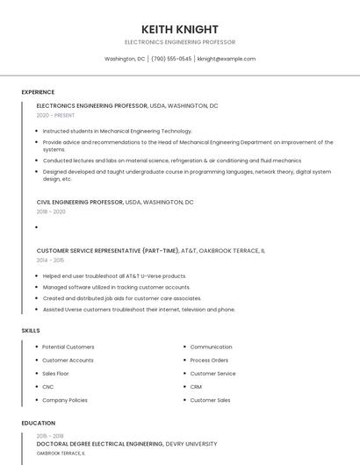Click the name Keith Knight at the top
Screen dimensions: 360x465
pos(180,29)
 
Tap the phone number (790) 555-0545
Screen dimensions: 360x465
pos(171,59)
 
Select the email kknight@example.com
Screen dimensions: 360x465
pos(227,59)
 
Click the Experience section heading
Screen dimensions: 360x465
pos(38,92)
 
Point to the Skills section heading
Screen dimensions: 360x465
pos(31,330)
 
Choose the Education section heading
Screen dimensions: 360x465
pos(38,423)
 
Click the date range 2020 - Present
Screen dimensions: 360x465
pos(55,115)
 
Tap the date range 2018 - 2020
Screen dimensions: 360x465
pos(51,211)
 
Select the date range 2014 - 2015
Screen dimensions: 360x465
pos(50,260)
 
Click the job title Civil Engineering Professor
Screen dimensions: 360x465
pos(80,202)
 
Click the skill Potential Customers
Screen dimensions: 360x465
pos(68,347)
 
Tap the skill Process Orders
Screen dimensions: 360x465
pos(209,360)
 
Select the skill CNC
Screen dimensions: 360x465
pos(48,386)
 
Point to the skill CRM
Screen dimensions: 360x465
pos(196,386)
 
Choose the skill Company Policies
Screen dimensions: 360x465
pos(65,400)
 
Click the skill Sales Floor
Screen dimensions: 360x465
pos(55,373)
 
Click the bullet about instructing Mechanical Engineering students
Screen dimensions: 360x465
pos(117,131)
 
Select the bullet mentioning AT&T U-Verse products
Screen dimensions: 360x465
pos(114,275)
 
